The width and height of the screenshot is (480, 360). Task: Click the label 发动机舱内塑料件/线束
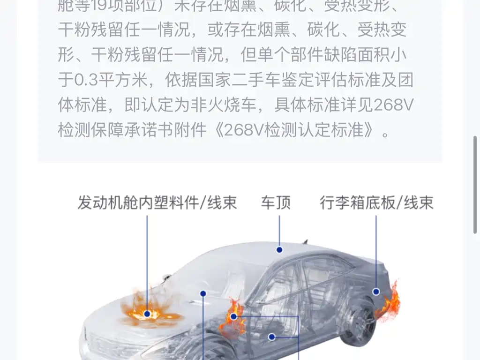click(x=157, y=202)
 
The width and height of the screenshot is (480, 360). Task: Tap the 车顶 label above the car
click(x=276, y=202)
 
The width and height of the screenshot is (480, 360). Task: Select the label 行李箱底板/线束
click(x=376, y=202)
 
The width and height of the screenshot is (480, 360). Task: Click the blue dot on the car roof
click(x=279, y=250)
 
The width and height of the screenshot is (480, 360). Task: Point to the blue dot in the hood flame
click(x=148, y=314)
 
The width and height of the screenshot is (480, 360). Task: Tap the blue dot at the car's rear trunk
click(x=376, y=292)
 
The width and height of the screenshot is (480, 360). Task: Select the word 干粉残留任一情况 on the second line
click(x=124, y=30)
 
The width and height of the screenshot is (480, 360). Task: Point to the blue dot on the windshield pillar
click(x=203, y=293)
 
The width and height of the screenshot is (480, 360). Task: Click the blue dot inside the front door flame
click(x=233, y=316)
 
